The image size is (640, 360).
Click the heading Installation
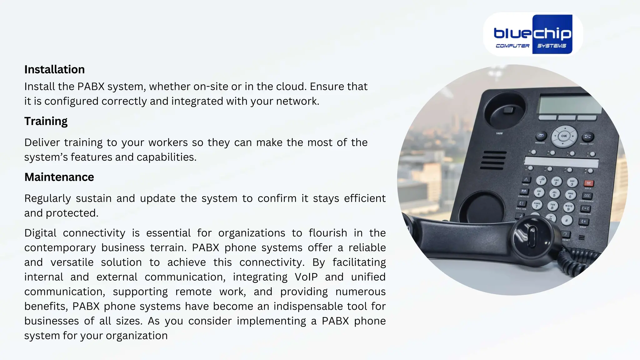pyautogui.click(x=54, y=69)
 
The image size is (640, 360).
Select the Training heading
pyautogui.click(x=46, y=121)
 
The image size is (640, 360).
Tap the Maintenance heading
pyautogui.click(x=59, y=177)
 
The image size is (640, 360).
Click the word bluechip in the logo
pyautogui.click(x=532, y=33)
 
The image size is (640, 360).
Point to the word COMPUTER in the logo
pyautogui.click(x=512, y=46)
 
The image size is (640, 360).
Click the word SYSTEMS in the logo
pyautogui.click(x=552, y=46)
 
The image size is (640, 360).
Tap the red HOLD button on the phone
pyautogui.click(x=588, y=183)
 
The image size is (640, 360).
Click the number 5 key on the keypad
pyautogui.click(x=554, y=194)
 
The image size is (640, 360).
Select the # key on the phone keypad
pyautogui.click(x=567, y=220)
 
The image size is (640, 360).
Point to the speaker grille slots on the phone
pyautogui.click(x=493, y=160)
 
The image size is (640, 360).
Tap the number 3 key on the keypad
pyautogui.click(x=572, y=182)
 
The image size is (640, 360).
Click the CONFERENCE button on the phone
pyautogui.click(x=587, y=196)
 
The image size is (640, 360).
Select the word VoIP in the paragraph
pyautogui.click(x=306, y=277)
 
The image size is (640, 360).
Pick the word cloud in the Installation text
pyautogui.click(x=291, y=87)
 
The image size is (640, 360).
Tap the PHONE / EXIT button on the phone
pyautogui.click(x=587, y=137)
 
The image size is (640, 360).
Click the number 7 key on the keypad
pyautogui.click(x=537, y=205)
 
